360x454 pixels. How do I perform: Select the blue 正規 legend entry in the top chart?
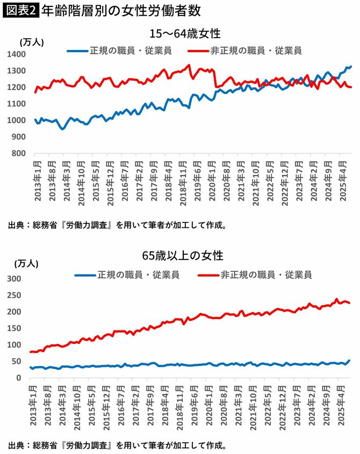coord(123,51)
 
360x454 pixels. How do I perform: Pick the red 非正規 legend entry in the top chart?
coord(244,51)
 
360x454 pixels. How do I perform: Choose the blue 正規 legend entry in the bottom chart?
coord(127,275)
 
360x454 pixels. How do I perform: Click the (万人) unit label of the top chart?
coord(32,42)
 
